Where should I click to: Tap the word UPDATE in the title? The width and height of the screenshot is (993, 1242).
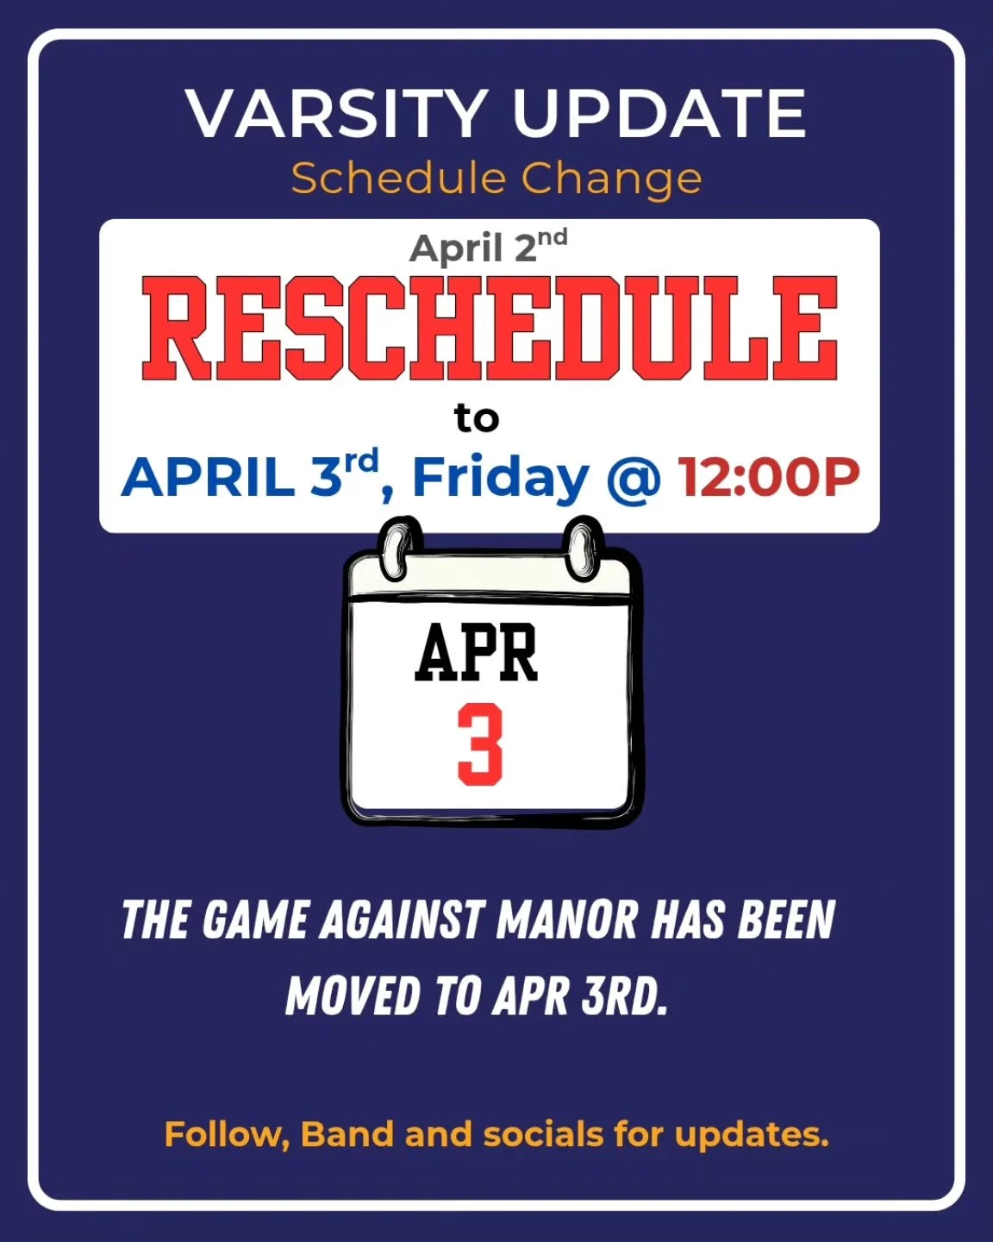coord(659,113)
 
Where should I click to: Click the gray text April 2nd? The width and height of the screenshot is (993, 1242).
coord(488,247)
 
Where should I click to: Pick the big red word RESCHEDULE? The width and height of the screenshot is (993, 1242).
coord(490,329)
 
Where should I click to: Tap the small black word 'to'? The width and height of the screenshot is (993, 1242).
coord(477,418)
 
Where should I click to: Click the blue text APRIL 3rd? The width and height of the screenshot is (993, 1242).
coord(250,475)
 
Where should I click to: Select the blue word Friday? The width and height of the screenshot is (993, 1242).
coord(500,477)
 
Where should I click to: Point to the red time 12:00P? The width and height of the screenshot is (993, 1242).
coord(769,477)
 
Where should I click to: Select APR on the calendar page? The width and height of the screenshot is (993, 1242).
coord(476,653)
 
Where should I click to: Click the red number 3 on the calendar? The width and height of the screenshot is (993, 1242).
coord(479,744)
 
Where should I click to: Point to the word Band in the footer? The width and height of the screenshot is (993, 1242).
coord(347,1134)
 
